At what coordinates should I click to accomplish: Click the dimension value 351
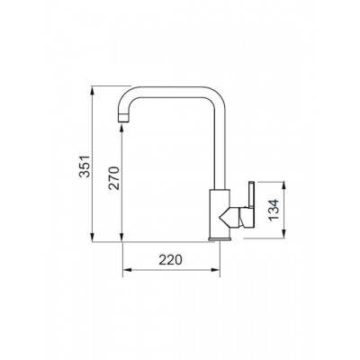pyautogui.click(x=85, y=166)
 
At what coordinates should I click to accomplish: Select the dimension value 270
pyautogui.click(x=114, y=178)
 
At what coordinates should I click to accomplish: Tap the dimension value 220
pyautogui.click(x=170, y=260)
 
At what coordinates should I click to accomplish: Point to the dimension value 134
pyautogui.click(x=274, y=210)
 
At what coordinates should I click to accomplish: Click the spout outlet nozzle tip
pyautogui.click(x=124, y=118)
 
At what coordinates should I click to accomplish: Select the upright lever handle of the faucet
pyautogui.click(x=251, y=194)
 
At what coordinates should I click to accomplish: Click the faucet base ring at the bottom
pyautogui.click(x=220, y=238)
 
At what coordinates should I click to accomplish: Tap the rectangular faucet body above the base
pyautogui.click(x=220, y=213)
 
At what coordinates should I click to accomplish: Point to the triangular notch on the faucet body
pyautogui.click(x=224, y=217)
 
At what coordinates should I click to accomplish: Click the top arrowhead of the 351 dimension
pyautogui.click(x=93, y=89)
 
